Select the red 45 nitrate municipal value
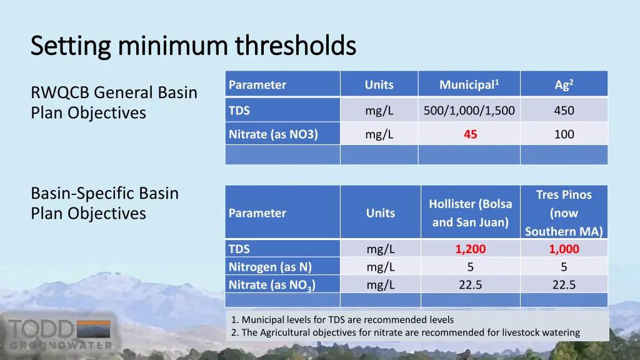pyautogui.click(x=470, y=134)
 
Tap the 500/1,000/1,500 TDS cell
pyautogui.click(x=469, y=111)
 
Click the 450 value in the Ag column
pyautogui.click(x=564, y=111)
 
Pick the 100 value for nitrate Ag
pyautogui.click(x=564, y=134)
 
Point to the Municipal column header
pyautogui.click(x=469, y=84)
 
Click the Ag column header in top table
pyautogui.click(x=564, y=84)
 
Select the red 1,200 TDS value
pyautogui.click(x=470, y=249)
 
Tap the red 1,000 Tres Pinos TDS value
pyautogui.click(x=564, y=249)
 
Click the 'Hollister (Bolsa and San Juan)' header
pyautogui.click(x=470, y=212)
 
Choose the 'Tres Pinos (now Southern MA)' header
pyautogui.click(x=564, y=212)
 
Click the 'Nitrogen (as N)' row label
pyautogui.click(x=270, y=267)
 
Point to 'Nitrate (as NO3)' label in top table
pyautogui.click(x=273, y=134)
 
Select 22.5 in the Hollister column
pyautogui.click(x=470, y=285)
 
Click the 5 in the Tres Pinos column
pyautogui.click(x=564, y=267)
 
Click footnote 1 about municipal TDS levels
pyautogui.click(x=342, y=319)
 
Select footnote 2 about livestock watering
pyautogui.click(x=405, y=332)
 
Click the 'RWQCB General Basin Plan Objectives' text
pyautogui.click(x=114, y=102)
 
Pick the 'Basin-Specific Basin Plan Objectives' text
pyautogui.click(x=104, y=203)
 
